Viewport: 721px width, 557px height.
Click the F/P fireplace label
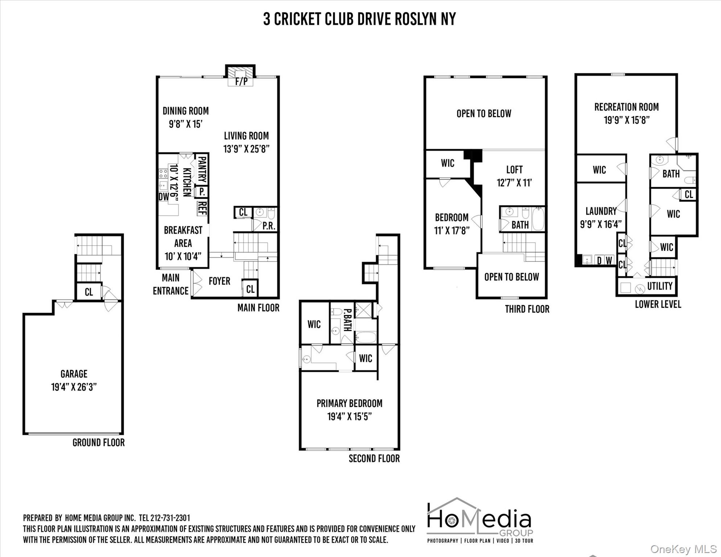pos(242,81)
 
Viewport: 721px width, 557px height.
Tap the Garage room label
pos(74,374)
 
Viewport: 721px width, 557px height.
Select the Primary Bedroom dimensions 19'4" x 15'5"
pos(350,417)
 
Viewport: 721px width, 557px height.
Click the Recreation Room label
pos(626,107)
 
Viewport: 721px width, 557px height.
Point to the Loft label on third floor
pos(514,170)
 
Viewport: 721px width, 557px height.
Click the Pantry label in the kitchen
pos(202,169)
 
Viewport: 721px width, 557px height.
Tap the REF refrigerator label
pos(202,208)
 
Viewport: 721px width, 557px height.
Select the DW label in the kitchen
pos(164,197)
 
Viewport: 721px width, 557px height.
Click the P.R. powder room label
pos(269,226)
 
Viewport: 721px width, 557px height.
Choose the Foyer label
pos(219,281)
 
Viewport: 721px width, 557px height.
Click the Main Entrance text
pos(170,284)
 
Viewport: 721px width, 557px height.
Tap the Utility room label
pos(660,286)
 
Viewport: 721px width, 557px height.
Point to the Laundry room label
pos(601,211)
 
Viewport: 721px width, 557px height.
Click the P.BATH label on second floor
pos(347,320)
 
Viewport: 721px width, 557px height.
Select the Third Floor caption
pos(527,309)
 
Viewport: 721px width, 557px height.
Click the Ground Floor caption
pos(99,442)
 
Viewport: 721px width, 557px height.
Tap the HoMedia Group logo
pos(480,520)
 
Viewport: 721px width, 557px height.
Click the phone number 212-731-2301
pos(170,518)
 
